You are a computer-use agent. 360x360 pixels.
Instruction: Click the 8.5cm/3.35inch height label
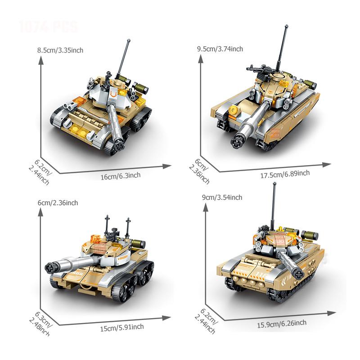coord(60,50)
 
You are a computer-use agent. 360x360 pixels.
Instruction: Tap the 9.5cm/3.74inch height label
coord(220,49)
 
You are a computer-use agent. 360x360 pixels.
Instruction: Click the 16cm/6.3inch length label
coord(121,175)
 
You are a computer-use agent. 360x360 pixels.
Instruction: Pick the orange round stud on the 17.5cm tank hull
coord(233,111)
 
